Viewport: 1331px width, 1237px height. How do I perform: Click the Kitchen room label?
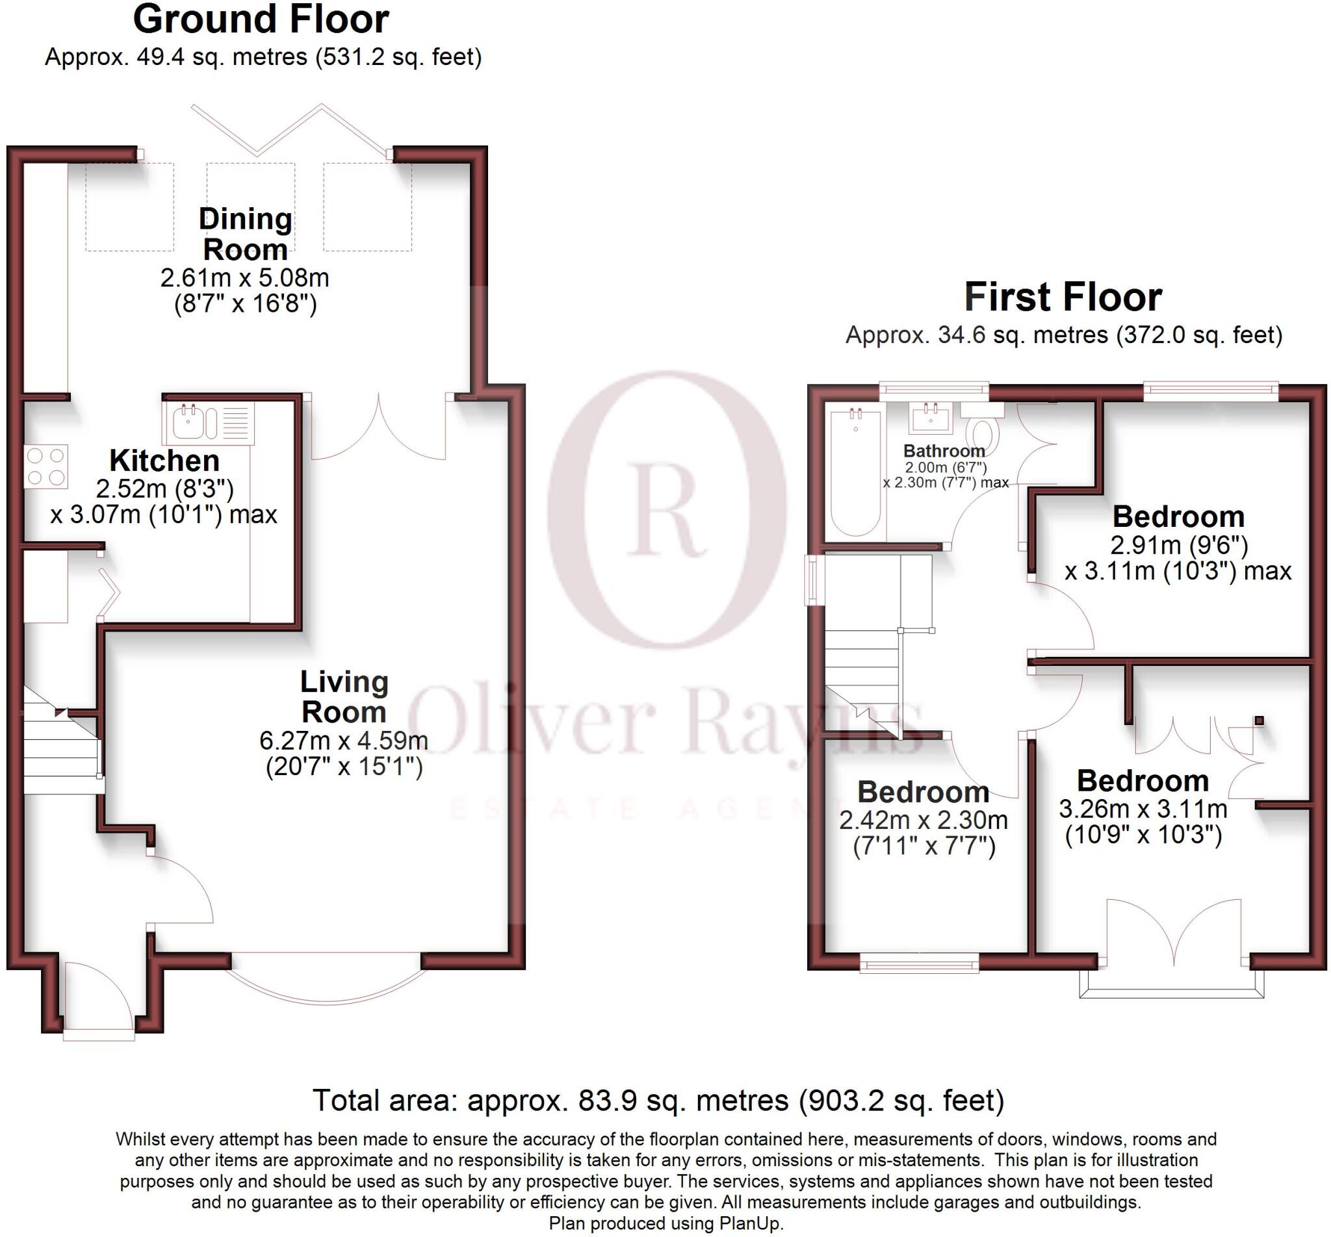point(164,461)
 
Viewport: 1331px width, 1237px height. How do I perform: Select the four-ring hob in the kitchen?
point(46,466)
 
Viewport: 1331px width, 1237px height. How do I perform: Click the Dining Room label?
point(245,235)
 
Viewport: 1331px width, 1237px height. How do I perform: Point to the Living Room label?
point(344,697)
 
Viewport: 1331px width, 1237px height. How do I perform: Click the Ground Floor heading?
point(261,19)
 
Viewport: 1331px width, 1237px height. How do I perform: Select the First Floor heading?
point(1063,297)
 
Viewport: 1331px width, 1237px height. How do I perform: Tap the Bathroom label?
point(944,450)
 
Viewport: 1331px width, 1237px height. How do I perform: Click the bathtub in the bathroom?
point(855,472)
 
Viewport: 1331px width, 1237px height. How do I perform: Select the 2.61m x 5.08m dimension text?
point(244,278)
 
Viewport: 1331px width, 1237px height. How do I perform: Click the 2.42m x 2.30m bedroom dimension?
point(924,821)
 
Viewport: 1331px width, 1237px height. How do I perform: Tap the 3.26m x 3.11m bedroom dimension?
point(1143,810)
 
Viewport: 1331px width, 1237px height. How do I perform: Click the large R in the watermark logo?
point(665,509)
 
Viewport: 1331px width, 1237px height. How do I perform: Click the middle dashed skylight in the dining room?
point(250,207)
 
